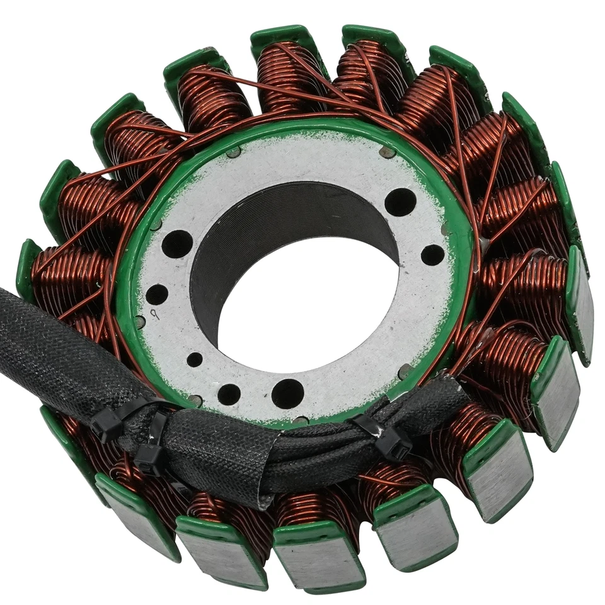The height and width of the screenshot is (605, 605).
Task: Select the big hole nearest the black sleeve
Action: point(287,393)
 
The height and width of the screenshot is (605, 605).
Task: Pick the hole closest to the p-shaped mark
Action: point(157,294)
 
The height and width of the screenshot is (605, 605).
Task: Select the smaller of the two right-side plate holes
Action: point(432,255)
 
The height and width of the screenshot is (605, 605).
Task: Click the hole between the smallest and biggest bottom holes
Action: point(228,394)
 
